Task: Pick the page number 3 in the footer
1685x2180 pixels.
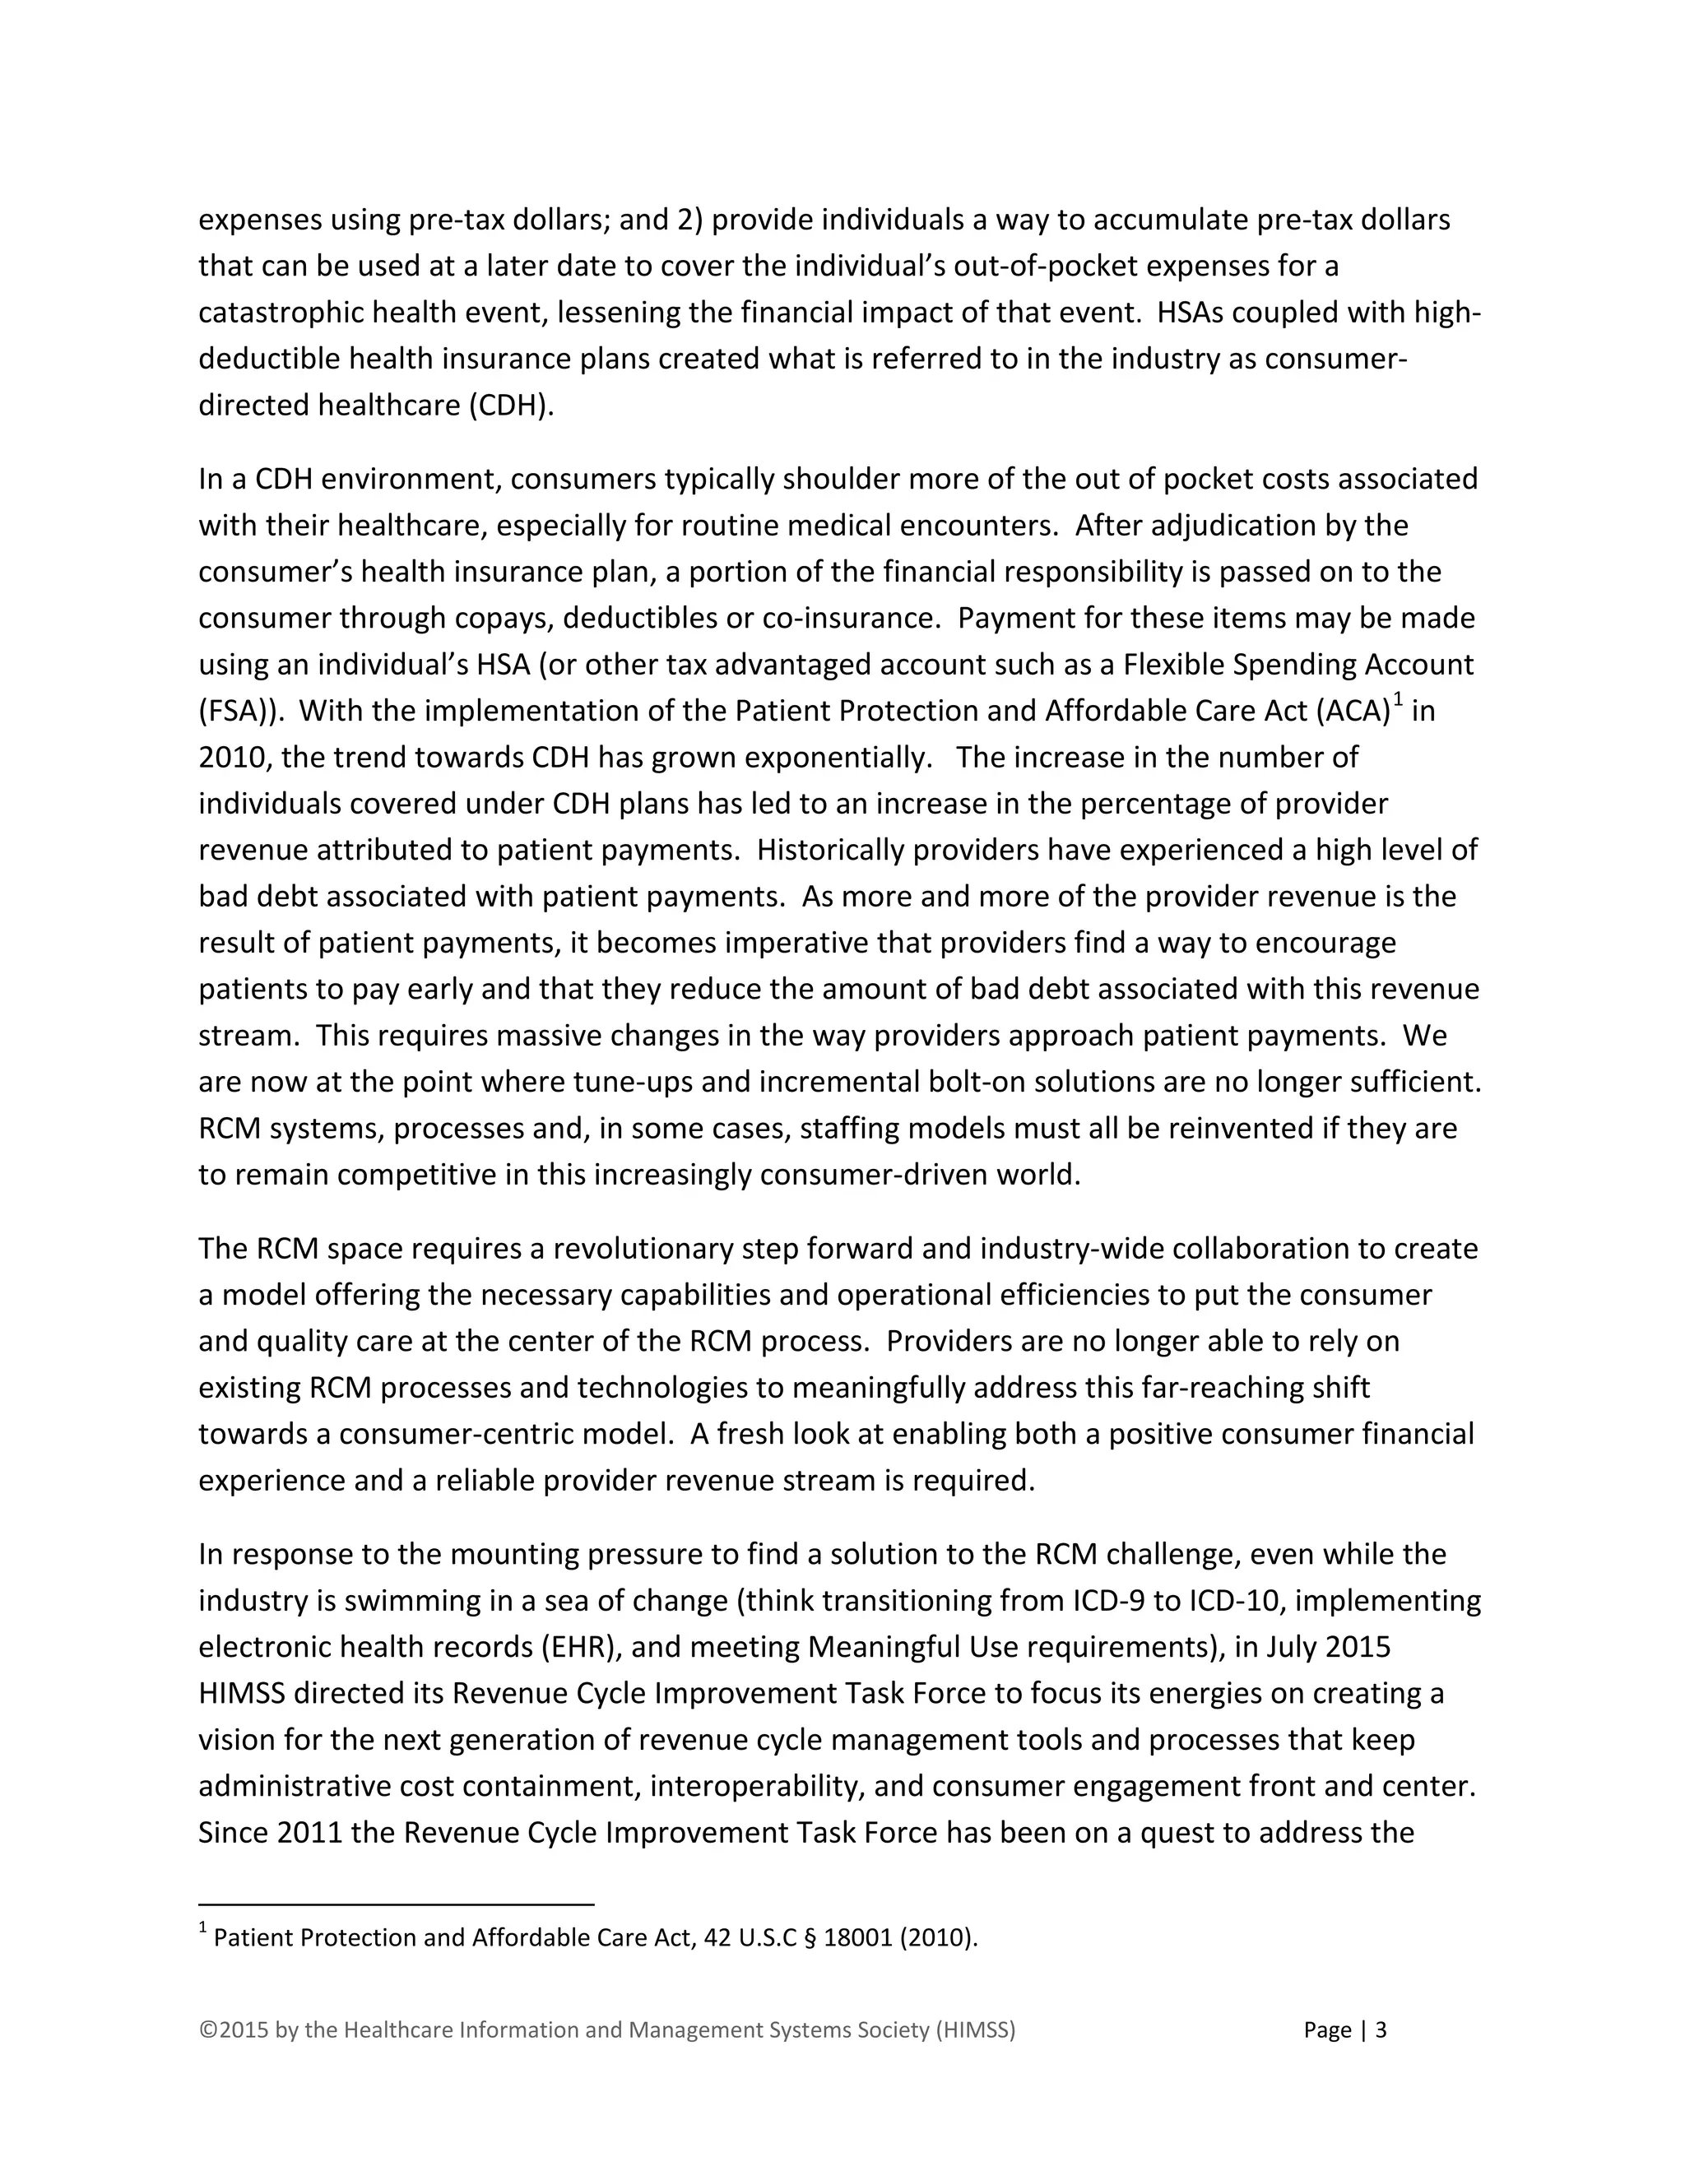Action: [x=1381, y=2029]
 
